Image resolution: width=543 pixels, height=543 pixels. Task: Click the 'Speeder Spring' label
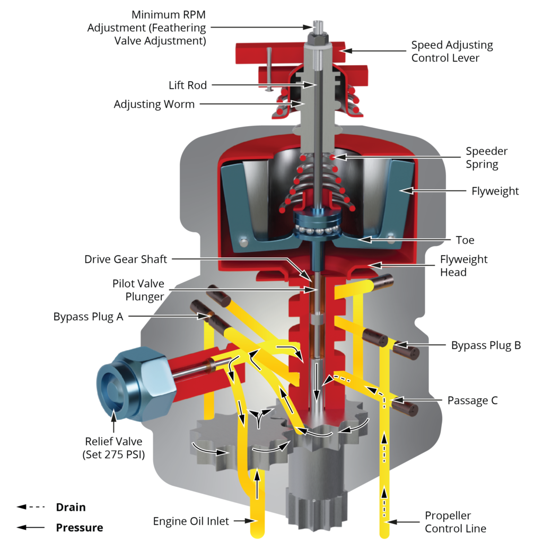[487, 157]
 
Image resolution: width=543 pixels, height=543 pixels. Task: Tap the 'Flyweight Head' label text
[463, 266]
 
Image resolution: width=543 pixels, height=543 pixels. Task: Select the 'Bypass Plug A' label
[89, 317]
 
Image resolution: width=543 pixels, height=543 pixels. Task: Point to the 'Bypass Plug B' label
[486, 345]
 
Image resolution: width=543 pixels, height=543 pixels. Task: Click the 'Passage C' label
[472, 400]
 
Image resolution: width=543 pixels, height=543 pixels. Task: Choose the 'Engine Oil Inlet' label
[191, 521]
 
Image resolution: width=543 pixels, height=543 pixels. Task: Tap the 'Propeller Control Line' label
[456, 522]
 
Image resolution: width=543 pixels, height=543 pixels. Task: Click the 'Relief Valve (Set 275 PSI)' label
[113, 448]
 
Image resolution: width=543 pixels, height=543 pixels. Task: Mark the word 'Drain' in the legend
[71, 507]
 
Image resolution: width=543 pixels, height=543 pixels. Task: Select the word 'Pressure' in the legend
[80, 528]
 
